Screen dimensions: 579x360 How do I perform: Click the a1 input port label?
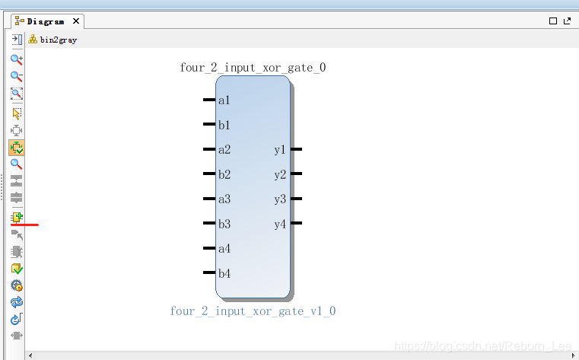(x=224, y=100)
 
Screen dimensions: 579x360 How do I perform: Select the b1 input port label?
(x=224, y=125)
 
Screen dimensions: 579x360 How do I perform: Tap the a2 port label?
(x=224, y=150)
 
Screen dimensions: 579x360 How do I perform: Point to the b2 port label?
(x=224, y=174)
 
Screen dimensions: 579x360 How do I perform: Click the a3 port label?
(x=224, y=199)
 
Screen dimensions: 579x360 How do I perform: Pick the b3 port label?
(x=224, y=224)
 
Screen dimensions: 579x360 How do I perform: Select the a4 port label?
(x=224, y=249)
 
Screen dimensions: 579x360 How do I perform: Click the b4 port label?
(x=224, y=273)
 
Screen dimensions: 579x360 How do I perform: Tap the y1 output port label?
(x=280, y=150)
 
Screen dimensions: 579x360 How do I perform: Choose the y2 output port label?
(x=280, y=174)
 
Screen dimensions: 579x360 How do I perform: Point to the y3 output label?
(x=280, y=199)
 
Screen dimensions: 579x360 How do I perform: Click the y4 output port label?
(x=280, y=224)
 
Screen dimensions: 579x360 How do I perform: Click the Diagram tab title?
(x=45, y=22)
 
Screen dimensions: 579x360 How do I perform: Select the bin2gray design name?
(x=58, y=40)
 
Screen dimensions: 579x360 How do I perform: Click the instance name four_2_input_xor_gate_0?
(x=253, y=68)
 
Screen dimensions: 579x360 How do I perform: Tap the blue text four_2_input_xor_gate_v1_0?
(x=253, y=311)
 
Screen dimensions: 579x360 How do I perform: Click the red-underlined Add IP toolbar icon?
(x=17, y=217)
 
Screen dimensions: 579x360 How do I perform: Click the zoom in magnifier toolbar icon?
(x=16, y=59)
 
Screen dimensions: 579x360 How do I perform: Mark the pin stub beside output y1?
(x=296, y=150)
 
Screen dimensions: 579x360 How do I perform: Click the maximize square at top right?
(x=553, y=22)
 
